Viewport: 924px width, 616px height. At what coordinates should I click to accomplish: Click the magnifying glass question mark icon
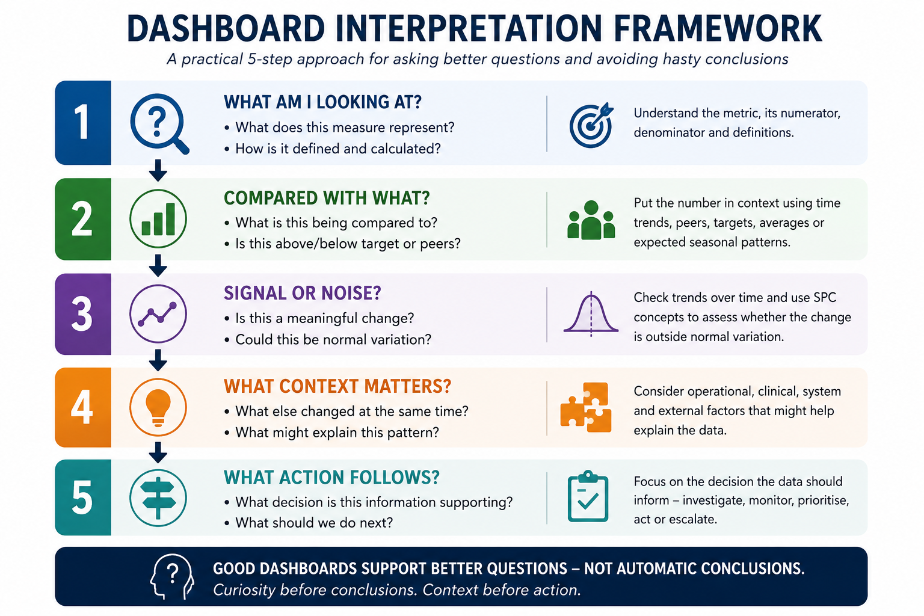[158, 123]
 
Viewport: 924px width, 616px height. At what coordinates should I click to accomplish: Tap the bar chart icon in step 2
[158, 218]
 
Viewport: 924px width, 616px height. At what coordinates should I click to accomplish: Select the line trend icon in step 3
[158, 313]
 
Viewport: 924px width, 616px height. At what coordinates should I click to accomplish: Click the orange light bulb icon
[158, 407]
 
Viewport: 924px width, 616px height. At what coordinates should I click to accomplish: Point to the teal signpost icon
[158, 498]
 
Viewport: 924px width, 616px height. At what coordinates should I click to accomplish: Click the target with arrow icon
[591, 125]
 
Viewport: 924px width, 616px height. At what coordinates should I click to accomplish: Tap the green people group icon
[591, 220]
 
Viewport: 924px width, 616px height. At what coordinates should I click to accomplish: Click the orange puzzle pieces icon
[586, 407]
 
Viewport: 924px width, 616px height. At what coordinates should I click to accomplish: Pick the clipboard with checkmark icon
[588, 496]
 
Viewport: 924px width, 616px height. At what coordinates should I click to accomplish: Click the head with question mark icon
[171, 576]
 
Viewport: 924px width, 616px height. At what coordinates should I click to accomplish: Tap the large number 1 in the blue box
[82, 122]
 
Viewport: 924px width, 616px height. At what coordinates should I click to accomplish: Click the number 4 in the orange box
[82, 407]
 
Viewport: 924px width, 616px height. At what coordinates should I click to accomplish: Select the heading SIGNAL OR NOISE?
[303, 293]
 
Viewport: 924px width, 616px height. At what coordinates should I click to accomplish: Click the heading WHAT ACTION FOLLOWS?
[331, 478]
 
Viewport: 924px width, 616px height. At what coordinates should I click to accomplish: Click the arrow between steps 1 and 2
[158, 170]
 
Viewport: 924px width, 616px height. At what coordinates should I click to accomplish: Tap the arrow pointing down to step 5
[158, 452]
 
